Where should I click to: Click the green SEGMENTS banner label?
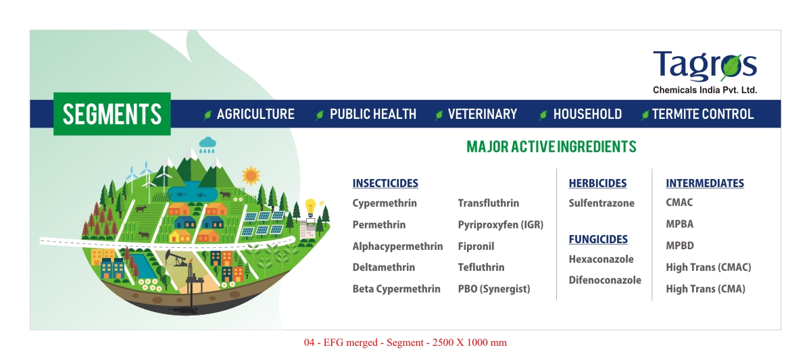[x=112, y=114]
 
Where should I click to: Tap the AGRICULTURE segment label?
[x=255, y=114]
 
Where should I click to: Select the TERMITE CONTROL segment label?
[x=703, y=114]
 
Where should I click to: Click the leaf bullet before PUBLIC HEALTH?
[x=319, y=115]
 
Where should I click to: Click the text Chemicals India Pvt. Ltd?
[x=705, y=90]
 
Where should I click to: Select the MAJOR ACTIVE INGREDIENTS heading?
[x=551, y=147]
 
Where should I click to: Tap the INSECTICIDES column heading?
[x=385, y=184]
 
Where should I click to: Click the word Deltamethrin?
[x=384, y=267]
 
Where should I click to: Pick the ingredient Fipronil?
[x=476, y=247]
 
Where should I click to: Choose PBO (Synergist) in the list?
[x=494, y=288]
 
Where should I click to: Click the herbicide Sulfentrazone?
[x=601, y=203]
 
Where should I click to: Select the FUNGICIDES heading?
[x=598, y=239]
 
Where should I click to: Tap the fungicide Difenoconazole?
[x=605, y=280]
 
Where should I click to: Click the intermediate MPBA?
[x=680, y=224]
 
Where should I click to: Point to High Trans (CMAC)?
[x=708, y=267]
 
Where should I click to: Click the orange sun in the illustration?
[x=251, y=176]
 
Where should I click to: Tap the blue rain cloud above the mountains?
[x=207, y=145]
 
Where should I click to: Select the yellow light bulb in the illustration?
[x=310, y=207]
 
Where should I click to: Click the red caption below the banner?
[x=405, y=342]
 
